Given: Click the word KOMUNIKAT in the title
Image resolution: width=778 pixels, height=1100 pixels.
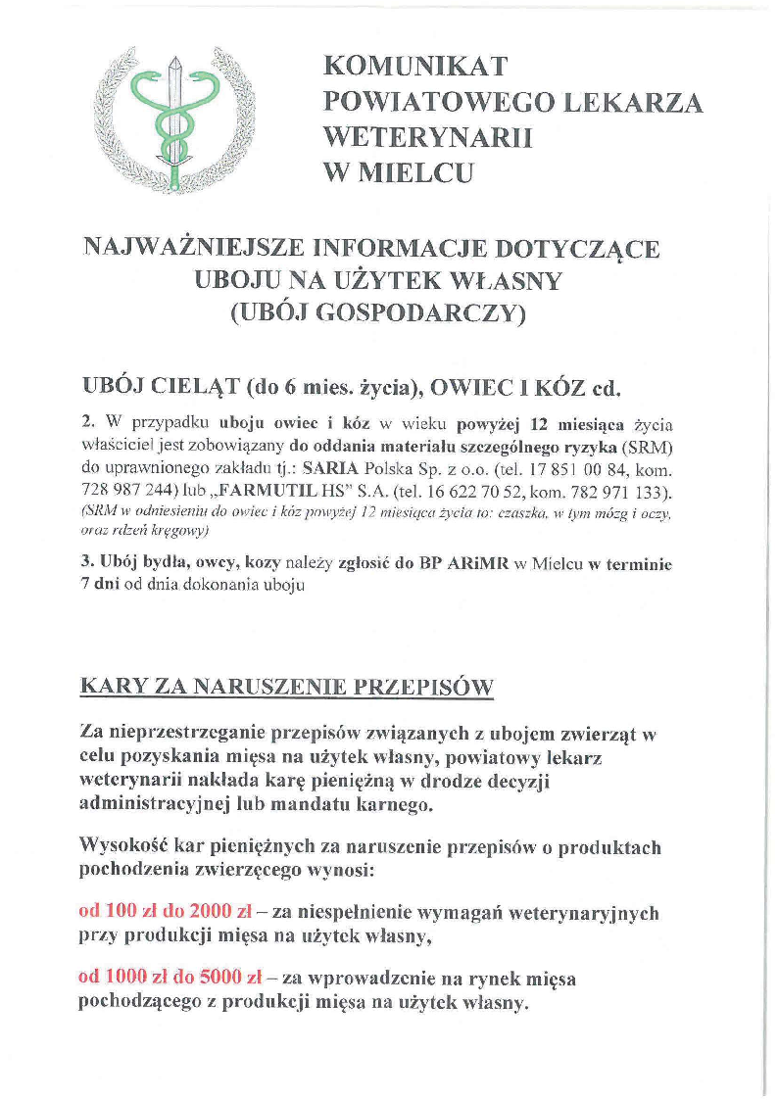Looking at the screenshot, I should click(x=416, y=67).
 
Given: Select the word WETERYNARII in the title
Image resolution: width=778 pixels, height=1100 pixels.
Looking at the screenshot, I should click(x=428, y=138).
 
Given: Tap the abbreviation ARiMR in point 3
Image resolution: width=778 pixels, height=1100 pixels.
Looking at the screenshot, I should click(x=476, y=565).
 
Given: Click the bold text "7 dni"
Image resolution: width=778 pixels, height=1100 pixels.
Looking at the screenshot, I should click(x=99, y=586).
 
